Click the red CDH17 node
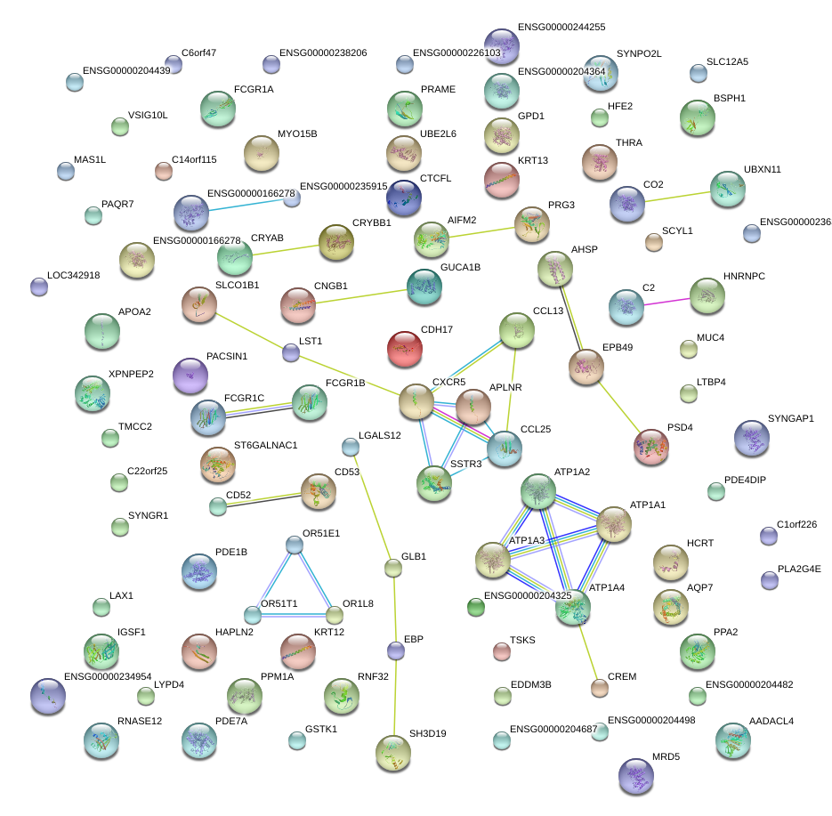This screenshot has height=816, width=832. (x=405, y=348)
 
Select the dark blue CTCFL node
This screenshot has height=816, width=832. (x=405, y=197)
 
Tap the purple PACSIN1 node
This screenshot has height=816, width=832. (x=189, y=376)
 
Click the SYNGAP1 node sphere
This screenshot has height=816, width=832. (x=752, y=437)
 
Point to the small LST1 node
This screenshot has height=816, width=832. (x=291, y=353)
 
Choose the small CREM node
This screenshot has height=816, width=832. (x=600, y=687)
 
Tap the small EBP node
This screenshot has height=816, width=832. (x=395, y=650)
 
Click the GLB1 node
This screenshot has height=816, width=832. (x=393, y=568)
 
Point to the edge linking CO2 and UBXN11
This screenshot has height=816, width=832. (x=677, y=195)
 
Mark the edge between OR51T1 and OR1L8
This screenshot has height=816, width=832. (x=294, y=614)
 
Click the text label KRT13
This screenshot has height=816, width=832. (x=532, y=160)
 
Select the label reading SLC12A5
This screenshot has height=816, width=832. (x=727, y=62)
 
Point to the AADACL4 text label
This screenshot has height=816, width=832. (x=771, y=721)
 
